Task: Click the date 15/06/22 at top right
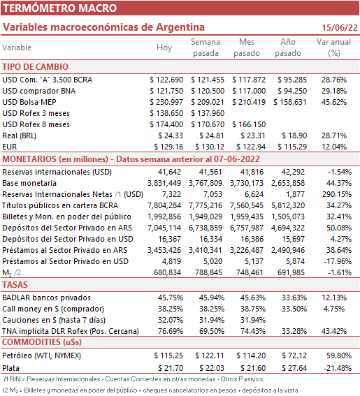click(340, 27)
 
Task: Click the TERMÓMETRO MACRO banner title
click(59, 8)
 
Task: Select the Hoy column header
click(164, 47)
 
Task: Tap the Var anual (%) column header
click(333, 47)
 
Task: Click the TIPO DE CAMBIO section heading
click(36, 67)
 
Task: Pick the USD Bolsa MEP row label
click(29, 102)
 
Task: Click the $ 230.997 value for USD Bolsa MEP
click(166, 102)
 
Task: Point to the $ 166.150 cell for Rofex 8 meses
click(249, 124)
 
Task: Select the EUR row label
click(10, 147)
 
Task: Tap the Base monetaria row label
click(29, 183)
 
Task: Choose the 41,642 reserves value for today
click(169, 172)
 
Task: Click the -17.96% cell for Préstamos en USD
click(338, 261)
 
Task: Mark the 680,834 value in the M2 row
click(167, 272)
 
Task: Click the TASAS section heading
click(15, 285)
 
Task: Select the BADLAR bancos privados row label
click(47, 298)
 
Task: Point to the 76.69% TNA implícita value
click(171, 331)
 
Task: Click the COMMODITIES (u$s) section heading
click(42, 342)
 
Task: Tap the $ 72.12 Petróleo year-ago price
click(294, 355)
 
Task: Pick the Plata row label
click(11, 368)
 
